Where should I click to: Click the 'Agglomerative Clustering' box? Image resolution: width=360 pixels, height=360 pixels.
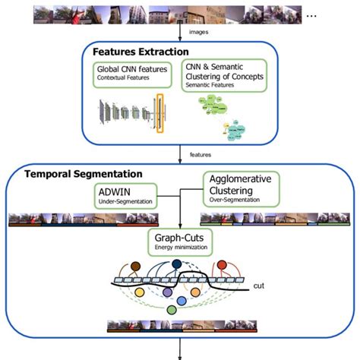pyautogui.click(x=239, y=188)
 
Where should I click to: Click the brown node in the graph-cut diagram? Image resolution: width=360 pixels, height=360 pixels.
pyautogui.click(x=134, y=267)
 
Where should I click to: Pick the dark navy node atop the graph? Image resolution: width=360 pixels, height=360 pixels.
pyautogui.click(x=177, y=264)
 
